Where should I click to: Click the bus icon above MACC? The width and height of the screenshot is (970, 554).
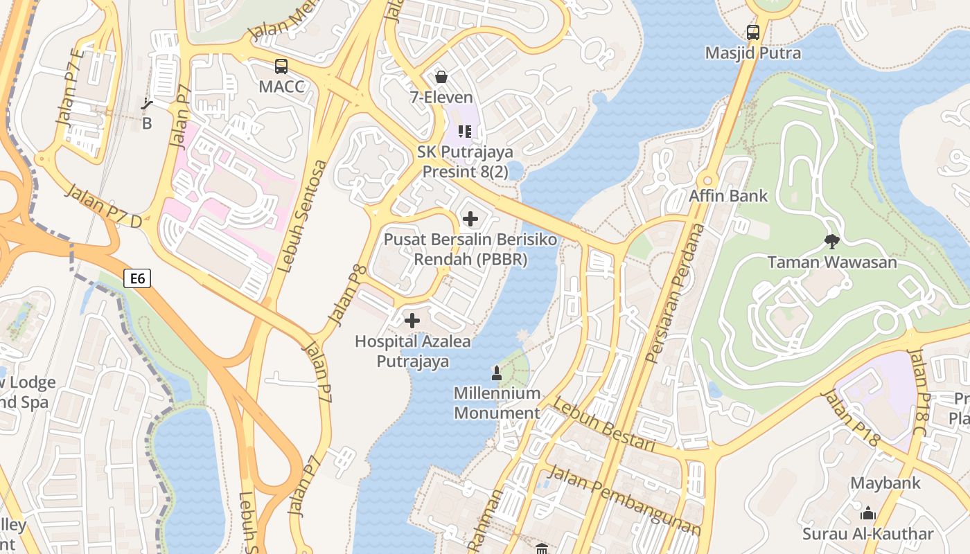pos(281,66)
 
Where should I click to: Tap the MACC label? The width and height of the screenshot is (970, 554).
pos(281,87)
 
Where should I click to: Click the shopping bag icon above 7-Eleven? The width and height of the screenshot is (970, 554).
pos(441,77)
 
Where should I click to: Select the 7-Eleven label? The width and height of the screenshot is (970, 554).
pos(441,98)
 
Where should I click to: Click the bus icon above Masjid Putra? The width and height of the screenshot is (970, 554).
pos(753,32)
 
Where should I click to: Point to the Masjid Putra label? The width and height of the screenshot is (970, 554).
pos(752,53)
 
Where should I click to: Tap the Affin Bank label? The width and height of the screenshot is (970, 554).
pos(728,196)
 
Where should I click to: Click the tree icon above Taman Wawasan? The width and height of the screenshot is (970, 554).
pos(832,241)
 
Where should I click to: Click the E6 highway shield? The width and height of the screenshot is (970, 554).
pos(137,278)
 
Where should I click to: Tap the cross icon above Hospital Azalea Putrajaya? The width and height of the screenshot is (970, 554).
pos(412,321)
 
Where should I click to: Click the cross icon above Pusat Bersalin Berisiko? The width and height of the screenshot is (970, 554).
pos(470,220)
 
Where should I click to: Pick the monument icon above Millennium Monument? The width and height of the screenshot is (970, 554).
pos(496,373)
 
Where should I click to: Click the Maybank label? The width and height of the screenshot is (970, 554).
pos(885,483)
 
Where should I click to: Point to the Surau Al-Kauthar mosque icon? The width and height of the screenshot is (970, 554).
pos(868,513)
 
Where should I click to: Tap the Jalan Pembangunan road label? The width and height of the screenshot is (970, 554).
pos(624,501)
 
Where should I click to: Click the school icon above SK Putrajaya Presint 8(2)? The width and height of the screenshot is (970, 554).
pos(465,131)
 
